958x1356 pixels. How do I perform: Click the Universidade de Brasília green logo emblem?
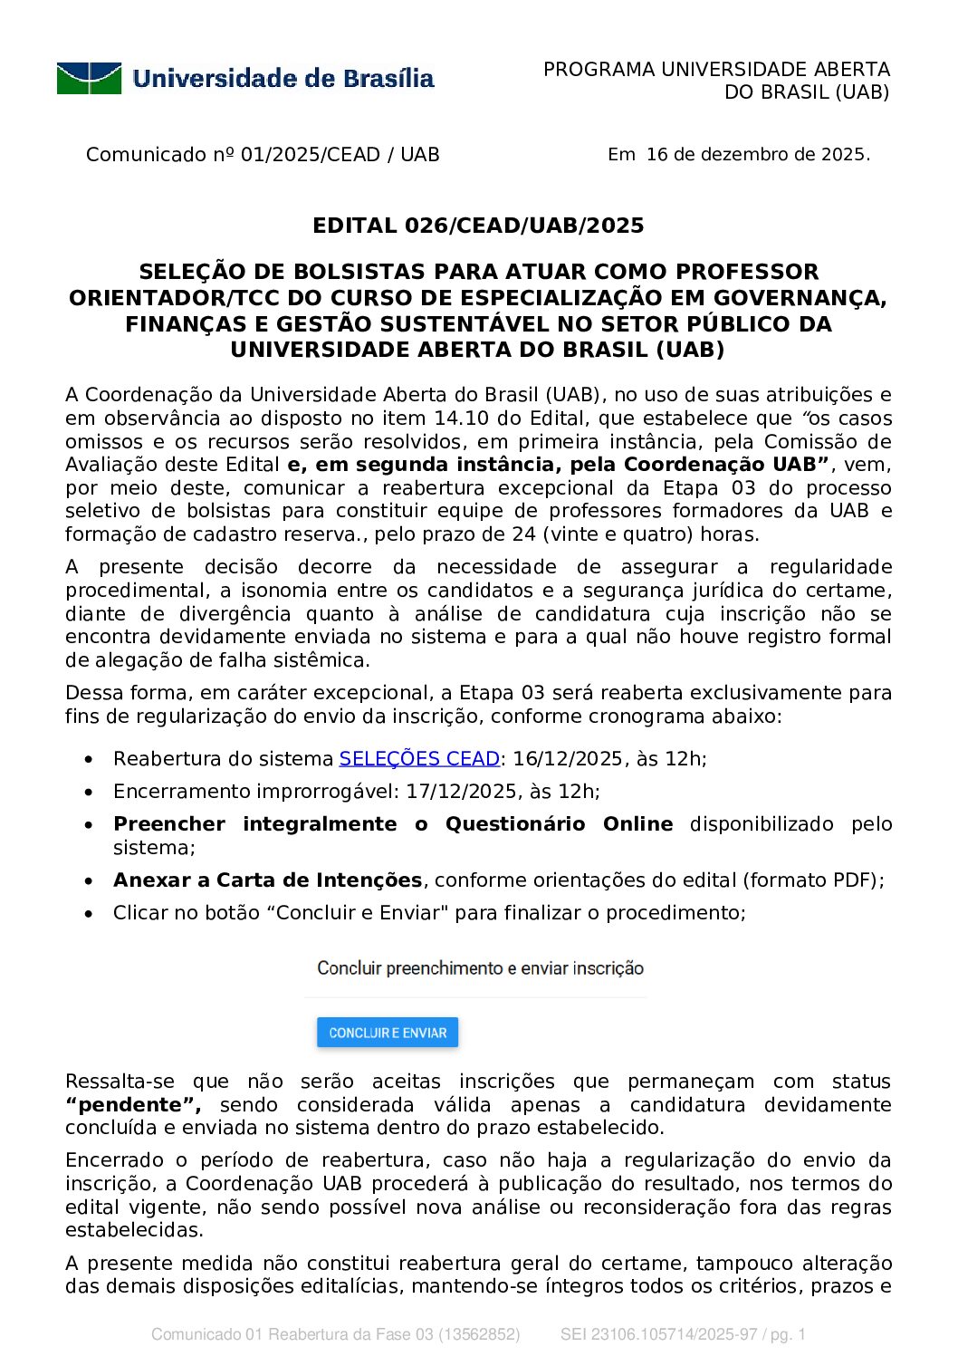pyautogui.click(x=89, y=79)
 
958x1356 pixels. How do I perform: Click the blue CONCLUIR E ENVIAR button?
pyautogui.click(x=388, y=1033)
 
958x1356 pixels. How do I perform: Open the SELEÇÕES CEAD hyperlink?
pyautogui.click(x=419, y=759)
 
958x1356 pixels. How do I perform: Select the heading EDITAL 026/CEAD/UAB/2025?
pyautogui.click(x=478, y=226)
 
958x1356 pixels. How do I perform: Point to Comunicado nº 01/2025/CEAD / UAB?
pyautogui.click(x=263, y=155)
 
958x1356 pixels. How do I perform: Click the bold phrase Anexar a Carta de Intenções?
pyautogui.click(x=268, y=880)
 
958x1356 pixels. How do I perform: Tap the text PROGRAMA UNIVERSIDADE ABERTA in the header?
pyautogui.click(x=716, y=70)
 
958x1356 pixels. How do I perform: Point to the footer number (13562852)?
pyautogui.click(x=479, y=1334)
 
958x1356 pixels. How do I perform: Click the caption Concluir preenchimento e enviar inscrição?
pyautogui.click(x=480, y=968)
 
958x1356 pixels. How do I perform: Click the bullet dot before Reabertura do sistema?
pyautogui.click(x=88, y=760)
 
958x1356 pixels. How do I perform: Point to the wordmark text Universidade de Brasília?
pyautogui.click(x=283, y=79)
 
